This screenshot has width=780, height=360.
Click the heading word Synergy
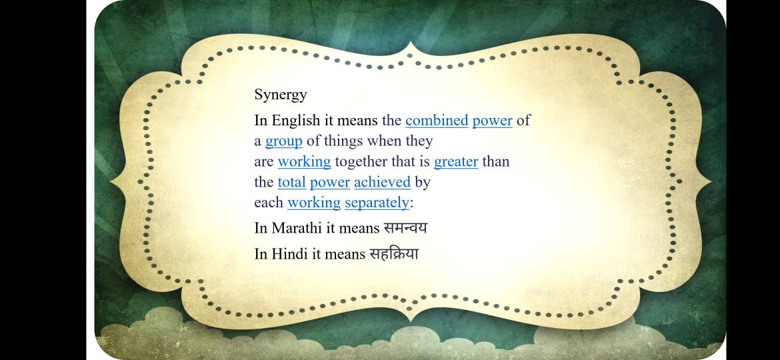(x=281, y=95)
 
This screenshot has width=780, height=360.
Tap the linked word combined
(x=437, y=120)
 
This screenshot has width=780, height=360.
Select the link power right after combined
(x=493, y=121)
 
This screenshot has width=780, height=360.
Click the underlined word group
(x=283, y=142)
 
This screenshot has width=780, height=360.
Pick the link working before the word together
(x=304, y=162)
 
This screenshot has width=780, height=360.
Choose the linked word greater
(x=455, y=162)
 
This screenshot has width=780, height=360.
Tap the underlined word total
(x=291, y=182)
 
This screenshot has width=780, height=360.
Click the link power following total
(x=330, y=183)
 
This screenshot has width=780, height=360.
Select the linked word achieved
(x=382, y=182)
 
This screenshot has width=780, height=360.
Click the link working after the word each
(x=314, y=203)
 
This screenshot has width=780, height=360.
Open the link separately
(x=377, y=203)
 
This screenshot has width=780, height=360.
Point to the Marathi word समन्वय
(x=405, y=228)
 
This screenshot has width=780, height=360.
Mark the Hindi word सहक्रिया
(x=393, y=253)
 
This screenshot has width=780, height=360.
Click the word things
(x=343, y=142)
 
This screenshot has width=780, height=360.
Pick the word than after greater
(x=495, y=162)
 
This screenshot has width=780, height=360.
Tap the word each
(x=269, y=203)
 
